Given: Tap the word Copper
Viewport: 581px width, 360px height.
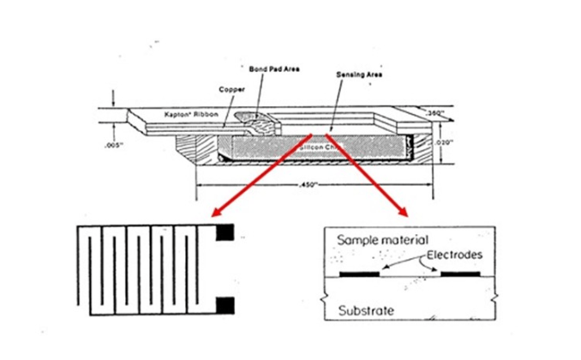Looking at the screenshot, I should pyautogui.click(x=233, y=87).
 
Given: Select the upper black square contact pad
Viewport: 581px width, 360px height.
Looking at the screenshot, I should pyautogui.click(x=225, y=232).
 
